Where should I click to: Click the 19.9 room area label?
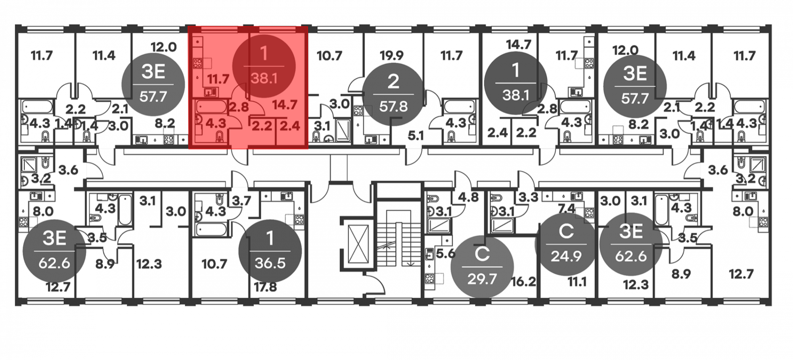(x=391, y=56)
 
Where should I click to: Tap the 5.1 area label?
(x=416, y=136)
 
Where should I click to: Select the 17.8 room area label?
(x=265, y=287)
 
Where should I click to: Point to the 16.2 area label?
(x=523, y=281)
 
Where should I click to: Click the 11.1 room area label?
(x=577, y=281)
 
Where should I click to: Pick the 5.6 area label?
(x=445, y=253)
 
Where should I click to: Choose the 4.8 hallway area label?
(x=468, y=197)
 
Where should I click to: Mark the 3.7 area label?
(x=241, y=201)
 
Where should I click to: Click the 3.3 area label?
(x=529, y=197)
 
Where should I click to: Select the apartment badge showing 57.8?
(x=393, y=94)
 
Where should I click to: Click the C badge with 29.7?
(x=482, y=266)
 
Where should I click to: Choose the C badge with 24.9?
(x=566, y=244)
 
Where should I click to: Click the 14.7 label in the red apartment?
(x=285, y=105)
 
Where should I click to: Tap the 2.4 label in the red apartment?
(x=290, y=126)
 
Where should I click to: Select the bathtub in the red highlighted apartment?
(x=211, y=107)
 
